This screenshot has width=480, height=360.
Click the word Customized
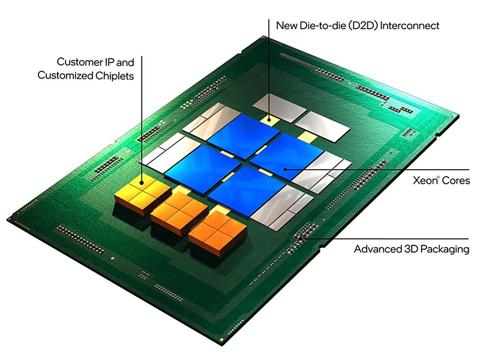click(x=66, y=76)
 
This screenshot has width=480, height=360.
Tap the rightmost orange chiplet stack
click(x=217, y=231)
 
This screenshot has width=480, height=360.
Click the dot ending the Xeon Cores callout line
click(x=286, y=170)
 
